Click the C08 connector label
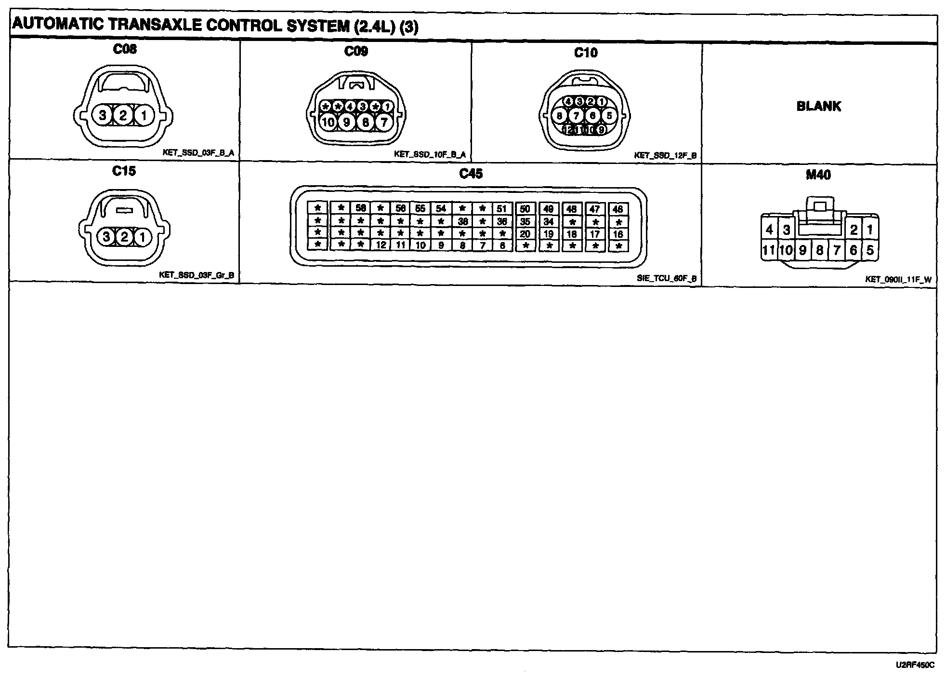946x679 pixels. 124,49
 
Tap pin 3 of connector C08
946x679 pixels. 103,116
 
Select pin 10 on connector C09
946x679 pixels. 328,122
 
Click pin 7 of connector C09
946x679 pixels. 384,122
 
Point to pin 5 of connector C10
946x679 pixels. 609,116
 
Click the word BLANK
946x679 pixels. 819,106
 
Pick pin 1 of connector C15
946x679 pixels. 143,237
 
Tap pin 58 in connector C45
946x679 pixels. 360,208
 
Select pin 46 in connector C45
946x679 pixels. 618,209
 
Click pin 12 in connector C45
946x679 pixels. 381,245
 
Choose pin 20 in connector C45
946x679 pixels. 525,234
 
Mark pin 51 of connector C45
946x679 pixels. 502,208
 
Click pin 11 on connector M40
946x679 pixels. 768,250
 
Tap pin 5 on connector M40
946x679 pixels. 870,250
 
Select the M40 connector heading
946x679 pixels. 818,175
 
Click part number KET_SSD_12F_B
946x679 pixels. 665,156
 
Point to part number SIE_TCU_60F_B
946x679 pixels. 667,278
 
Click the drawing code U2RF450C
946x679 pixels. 915,665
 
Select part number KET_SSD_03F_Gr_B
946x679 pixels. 197,275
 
